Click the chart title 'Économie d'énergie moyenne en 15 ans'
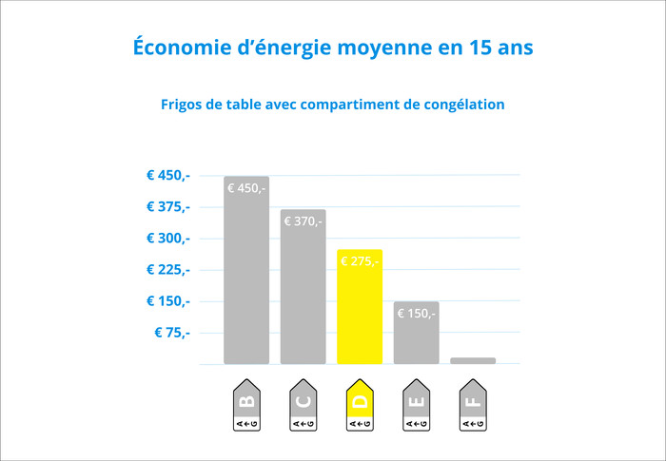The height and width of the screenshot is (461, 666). [333, 47]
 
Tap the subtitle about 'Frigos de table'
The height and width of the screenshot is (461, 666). [332, 105]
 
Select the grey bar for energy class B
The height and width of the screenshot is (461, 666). [246, 276]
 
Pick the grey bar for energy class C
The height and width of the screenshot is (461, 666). [304, 290]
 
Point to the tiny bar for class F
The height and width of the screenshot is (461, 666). [473, 360]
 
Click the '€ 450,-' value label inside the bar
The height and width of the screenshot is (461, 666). [246, 188]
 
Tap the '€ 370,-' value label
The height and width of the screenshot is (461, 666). [304, 221]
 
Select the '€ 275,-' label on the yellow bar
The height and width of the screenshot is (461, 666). [360, 261]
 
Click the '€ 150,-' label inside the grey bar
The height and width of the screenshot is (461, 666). [416, 314]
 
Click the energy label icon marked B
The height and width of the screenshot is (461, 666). [246, 406]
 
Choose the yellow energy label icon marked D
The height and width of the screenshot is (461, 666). [360, 406]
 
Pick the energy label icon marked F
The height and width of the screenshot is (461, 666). [473, 406]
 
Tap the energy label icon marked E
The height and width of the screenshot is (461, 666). [416, 406]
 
